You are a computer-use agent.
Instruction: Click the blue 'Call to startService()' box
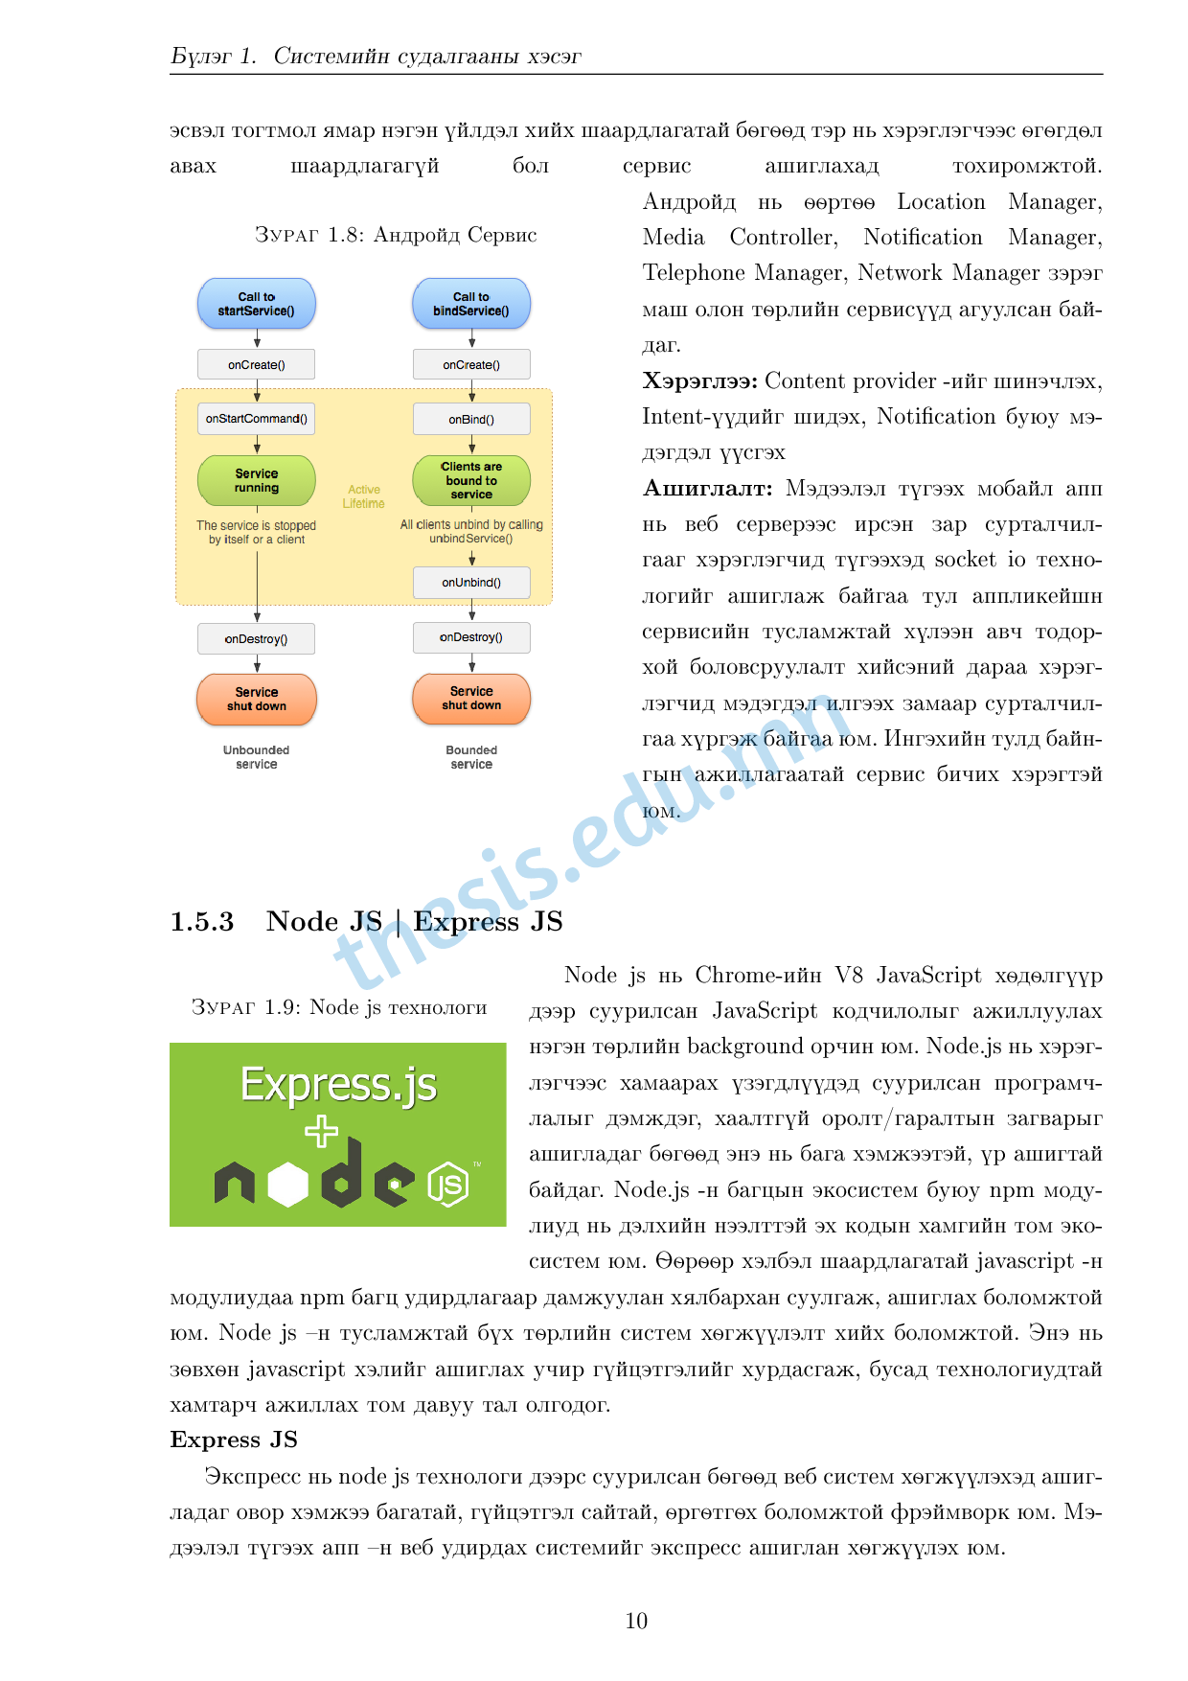tap(257, 304)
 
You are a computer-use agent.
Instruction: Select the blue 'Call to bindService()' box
tap(471, 304)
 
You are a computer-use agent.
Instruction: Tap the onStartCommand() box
tap(257, 419)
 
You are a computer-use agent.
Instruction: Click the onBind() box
tap(471, 419)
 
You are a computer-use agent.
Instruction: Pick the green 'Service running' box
tap(257, 480)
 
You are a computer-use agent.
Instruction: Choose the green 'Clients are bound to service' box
tap(471, 480)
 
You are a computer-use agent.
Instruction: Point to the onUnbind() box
tap(471, 583)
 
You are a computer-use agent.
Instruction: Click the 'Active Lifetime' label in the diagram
tap(364, 496)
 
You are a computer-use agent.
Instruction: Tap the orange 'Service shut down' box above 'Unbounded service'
tap(257, 699)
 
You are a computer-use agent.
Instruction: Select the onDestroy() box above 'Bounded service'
tap(471, 637)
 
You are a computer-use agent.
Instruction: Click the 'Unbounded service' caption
tap(257, 757)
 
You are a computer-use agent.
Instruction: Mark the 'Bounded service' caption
tap(471, 757)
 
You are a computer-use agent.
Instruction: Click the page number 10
tap(636, 1621)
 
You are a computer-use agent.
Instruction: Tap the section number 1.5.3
tap(202, 922)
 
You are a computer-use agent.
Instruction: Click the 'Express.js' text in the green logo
tap(338, 1085)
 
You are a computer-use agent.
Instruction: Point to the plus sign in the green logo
tap(322, 1132)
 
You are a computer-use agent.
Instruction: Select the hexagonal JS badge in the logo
tap(448, 1184)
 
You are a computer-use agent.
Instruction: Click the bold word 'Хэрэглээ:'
tap(700, 381)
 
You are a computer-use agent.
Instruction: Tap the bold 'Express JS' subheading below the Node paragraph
tap(234, 1439)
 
